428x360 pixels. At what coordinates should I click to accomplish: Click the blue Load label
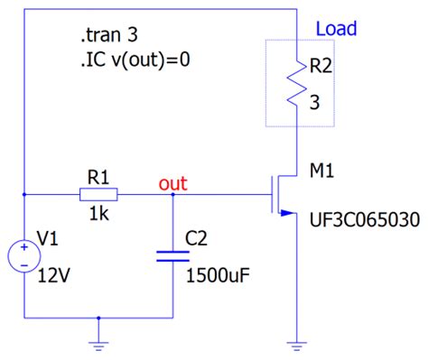(336, 30)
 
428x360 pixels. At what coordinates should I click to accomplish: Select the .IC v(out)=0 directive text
(135, 61)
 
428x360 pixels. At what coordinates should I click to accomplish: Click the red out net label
(172, 184)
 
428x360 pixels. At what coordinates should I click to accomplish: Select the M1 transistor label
(321, 171)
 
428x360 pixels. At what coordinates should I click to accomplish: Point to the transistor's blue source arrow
(287, 213)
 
